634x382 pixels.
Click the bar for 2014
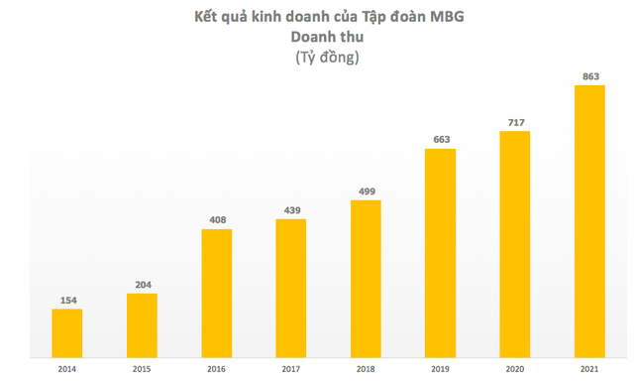66,330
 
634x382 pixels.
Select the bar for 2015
142,322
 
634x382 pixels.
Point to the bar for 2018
366,277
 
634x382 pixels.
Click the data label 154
66,299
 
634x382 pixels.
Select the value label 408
216,219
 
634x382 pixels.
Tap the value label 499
366,191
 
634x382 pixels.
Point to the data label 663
440,139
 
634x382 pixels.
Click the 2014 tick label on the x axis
66,369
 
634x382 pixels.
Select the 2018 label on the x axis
366,369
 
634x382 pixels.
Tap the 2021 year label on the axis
589,369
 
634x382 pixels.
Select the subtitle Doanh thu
326,37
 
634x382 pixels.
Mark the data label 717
514,122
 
